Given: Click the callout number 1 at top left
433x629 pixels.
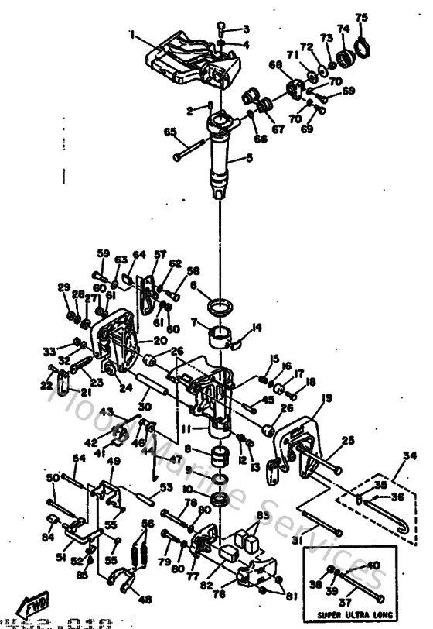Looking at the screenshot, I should pos(132,34).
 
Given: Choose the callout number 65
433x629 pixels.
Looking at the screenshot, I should pos(169,132).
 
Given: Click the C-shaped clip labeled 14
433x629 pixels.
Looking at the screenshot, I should pos(240,335).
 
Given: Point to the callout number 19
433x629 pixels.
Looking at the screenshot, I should pos(327,398).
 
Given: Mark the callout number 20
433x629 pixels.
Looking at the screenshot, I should pos(159,340).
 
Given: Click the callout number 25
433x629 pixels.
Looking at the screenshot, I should pos(347,440).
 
